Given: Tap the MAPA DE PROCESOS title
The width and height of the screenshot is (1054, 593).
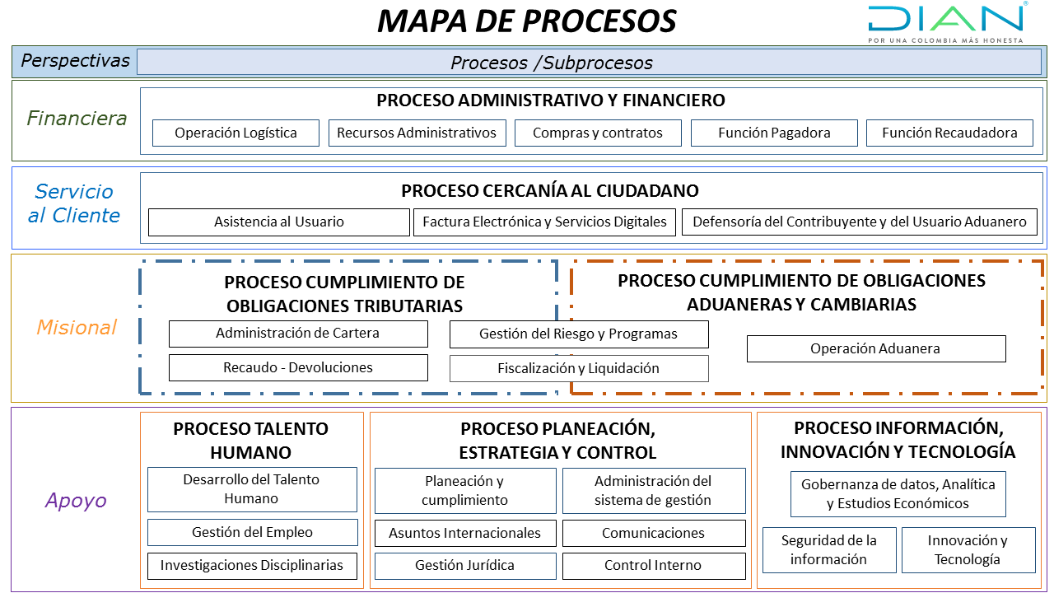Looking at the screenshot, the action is coord(526,21).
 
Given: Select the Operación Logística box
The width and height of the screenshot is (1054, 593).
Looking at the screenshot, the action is coord(236,133).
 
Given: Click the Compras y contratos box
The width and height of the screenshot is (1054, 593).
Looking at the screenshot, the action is coord(598,133).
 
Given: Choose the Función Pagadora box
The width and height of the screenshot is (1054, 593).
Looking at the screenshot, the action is coord(774,133).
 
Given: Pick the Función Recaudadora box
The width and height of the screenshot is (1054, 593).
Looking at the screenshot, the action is coord(949,133).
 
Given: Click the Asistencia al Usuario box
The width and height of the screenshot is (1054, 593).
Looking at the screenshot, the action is coord(279,222).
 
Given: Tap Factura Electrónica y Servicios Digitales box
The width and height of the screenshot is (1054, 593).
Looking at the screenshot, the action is coord(544,222).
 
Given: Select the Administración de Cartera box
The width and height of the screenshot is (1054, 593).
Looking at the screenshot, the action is coord(298,334).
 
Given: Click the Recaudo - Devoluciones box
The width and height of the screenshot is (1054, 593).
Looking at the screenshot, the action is coord(298,367).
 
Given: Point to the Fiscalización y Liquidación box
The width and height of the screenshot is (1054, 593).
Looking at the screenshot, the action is coord(579,368).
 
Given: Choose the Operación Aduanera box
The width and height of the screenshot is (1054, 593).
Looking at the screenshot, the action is coord(876,348).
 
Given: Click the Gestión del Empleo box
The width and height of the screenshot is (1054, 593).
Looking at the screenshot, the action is coord(252,532).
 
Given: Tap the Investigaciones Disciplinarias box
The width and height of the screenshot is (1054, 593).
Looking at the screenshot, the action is coord(252,566).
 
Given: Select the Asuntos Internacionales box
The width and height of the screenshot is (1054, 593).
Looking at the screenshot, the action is coord(465,533).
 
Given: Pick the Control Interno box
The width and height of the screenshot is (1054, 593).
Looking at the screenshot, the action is coord(654,566).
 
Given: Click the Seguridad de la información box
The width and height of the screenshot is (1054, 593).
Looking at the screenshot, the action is coord(829,550).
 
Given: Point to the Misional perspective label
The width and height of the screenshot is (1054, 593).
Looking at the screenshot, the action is coord(77,327).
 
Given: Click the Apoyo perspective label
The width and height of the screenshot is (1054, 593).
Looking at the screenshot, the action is coord(76,500).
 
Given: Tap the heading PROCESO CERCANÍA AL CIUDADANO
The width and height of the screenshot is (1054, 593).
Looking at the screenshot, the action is coord(549,190).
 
